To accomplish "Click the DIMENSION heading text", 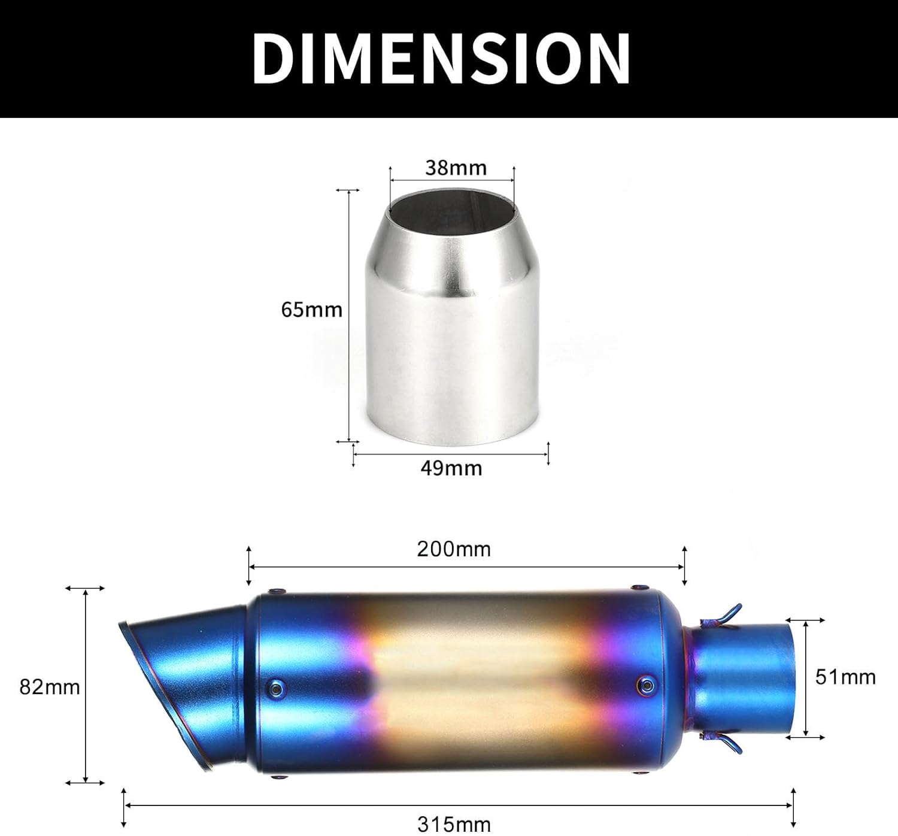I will [x=441, y=58].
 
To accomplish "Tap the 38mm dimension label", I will [x=456, y=168].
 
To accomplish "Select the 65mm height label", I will [x=311, y=310].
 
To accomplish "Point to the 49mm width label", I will [x=451, y=468].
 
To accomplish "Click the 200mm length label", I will [x=454, y=549].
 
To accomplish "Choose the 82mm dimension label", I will [x=50, y=687].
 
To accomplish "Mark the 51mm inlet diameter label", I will [x=845, y=677].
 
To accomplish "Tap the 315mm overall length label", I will [x=454, y=824].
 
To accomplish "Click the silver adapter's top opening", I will [x=452, y=207].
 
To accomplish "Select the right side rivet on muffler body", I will [x=646, y=683].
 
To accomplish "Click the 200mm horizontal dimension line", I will [x=466, y=567].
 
